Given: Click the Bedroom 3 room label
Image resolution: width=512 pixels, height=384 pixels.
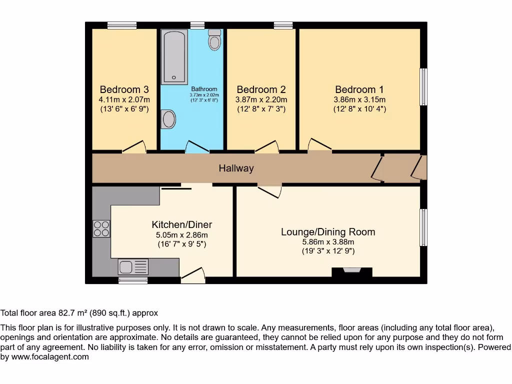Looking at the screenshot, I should [124, 89].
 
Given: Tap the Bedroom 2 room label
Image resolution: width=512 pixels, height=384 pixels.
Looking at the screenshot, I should [261, 89].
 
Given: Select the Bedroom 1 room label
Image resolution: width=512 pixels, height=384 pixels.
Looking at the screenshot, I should [359, 89].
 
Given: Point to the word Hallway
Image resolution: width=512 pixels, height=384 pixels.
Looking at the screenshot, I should [236, 168].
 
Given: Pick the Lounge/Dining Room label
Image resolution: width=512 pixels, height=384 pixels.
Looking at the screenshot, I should [328, 232].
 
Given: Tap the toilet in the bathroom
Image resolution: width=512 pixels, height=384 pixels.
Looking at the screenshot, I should [215, 39].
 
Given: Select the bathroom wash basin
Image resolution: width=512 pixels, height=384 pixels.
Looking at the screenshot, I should [168, 119].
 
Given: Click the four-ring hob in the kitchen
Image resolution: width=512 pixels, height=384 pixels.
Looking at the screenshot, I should [101, 228].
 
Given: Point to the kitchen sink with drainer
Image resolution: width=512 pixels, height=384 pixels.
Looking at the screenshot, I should [133, 267].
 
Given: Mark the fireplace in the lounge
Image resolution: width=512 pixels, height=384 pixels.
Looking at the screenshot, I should [352, 271].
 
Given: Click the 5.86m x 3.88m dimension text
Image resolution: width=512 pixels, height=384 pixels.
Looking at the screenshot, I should [328, 242].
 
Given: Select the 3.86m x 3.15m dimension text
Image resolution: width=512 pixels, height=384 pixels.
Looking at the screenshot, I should [359, 99].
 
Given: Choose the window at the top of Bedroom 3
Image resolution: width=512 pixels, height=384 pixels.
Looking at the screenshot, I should [122, 25].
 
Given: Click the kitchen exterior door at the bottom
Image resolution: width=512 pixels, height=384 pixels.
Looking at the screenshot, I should [193, 275].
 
